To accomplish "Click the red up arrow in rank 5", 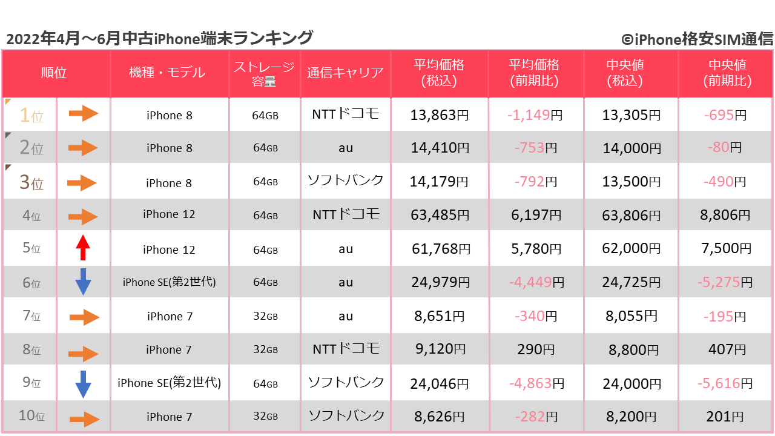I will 83,248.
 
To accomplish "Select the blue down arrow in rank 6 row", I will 83,282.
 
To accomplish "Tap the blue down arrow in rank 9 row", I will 83,383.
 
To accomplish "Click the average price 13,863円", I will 440,115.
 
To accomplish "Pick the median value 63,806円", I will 631,214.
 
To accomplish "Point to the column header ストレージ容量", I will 264,73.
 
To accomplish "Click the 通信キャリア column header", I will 345,73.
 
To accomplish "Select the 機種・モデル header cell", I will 167,73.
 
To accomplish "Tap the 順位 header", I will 54,73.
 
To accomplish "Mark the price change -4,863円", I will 536,383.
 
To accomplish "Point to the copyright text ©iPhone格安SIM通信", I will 697,39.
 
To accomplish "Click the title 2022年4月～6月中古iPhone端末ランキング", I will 159,38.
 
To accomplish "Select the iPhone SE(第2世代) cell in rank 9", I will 169,383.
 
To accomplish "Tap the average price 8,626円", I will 440,417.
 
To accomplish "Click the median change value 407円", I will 726,349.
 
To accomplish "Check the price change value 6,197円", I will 535,214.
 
